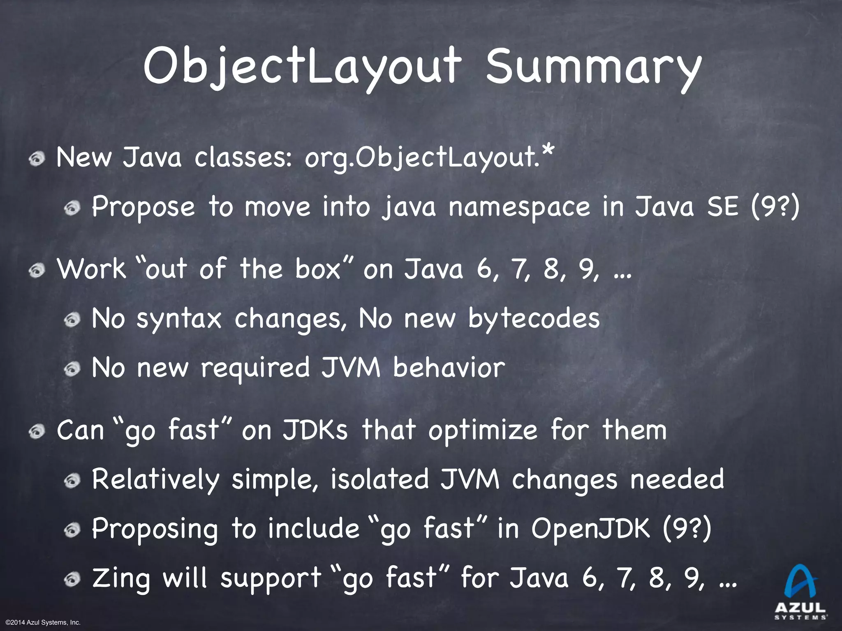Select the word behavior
[448, 368]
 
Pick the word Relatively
[155, 480]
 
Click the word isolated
[379, 479]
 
